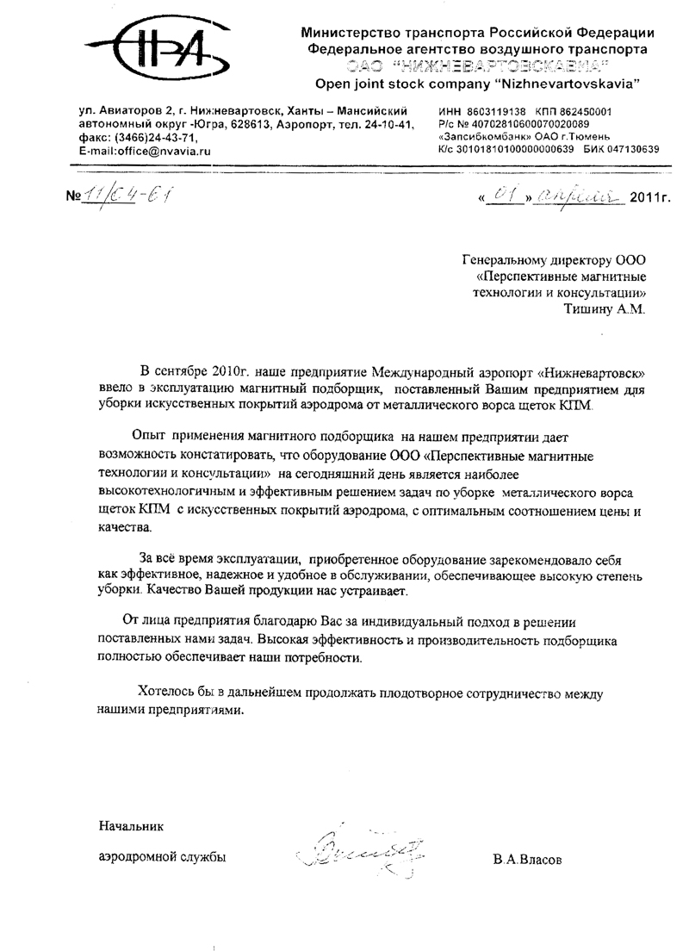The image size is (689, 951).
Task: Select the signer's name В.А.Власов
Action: tap(528, 860)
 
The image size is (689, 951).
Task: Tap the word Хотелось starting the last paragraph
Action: tap(168, 694)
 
